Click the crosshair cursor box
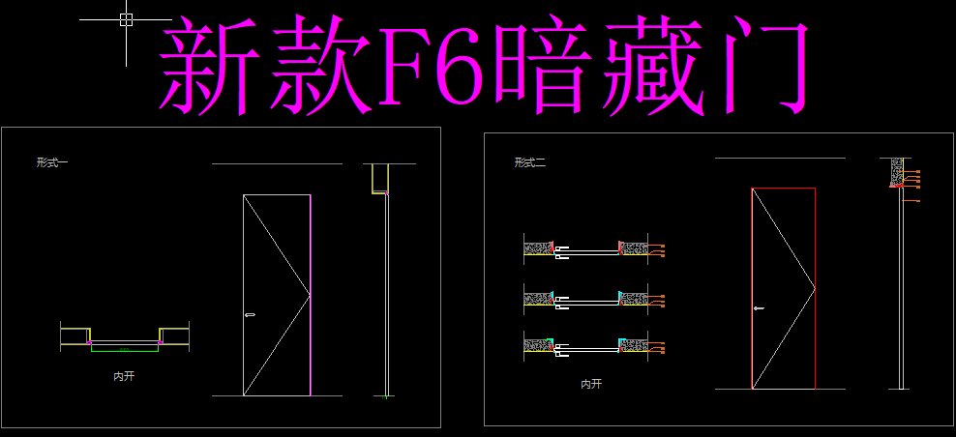[126, 19]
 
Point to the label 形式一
[51, 162]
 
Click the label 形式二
[529, 162]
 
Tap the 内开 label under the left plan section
[124, 375]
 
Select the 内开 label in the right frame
[590, 384]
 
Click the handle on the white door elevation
[251, 313]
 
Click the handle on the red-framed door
[758, 308]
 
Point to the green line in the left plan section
[124, 348]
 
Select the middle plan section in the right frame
[586, 299]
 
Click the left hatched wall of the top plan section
[536, 248]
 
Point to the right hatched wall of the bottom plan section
[635, 344]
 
